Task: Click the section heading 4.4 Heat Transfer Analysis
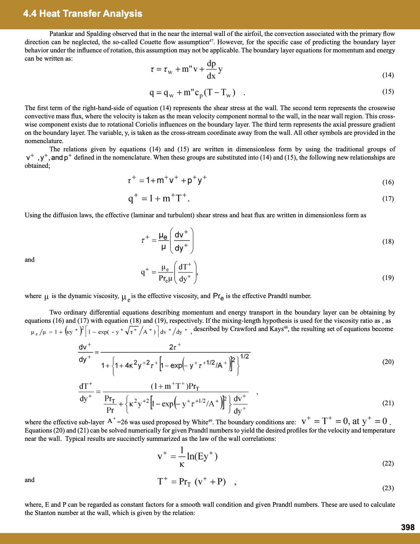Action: tap(83, 14)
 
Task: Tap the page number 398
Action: tap(407, 528)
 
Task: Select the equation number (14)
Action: tap(388, 75)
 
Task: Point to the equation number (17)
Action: tap(388, 199)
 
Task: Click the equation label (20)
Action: tap(388, 362)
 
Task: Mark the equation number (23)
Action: tap(388, 488)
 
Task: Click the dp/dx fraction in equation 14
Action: tap(211, 70)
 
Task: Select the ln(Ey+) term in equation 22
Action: tap(202, 457)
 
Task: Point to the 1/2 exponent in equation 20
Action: tap(244, 356)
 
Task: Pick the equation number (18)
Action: tap(388, 242)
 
